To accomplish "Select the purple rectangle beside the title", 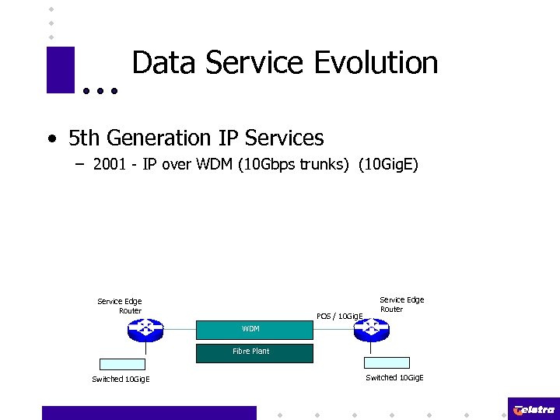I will coord(60,70).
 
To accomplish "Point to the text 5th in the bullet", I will coord(85,138).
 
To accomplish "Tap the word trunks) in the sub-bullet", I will coord(321,165).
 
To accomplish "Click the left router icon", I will coord(145,330).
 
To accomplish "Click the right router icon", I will coord(372,330).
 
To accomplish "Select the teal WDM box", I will coord(254,329).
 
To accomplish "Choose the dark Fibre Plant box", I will coord(254,352).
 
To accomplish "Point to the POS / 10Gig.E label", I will coord(340,316).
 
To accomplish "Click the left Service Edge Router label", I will coord(120,306).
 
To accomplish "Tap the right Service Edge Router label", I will coord(401,304).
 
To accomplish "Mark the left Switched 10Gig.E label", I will coord(121,380).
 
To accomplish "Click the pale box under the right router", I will coord(387,362).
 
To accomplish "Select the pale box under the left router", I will coord(122,363).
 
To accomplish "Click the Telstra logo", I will coord(534,409).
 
